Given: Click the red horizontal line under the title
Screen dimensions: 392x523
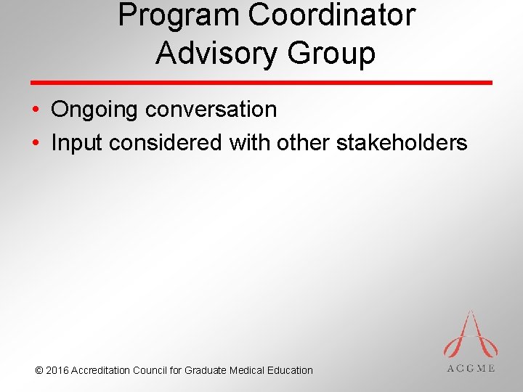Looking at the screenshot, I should pyautogui.click(x=261, y=83).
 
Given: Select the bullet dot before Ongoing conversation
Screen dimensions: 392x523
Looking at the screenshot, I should pyautogui.click(x=36, y=110).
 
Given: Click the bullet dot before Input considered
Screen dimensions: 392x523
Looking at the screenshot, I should pyautogui.click(x=36, y=143).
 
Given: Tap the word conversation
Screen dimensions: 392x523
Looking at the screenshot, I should pyautogui.click(x=211, y=110).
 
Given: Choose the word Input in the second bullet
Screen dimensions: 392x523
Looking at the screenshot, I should pyautogui.click(x=77, y=143).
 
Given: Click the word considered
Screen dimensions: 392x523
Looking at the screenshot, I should pyautogui.click(x=166, y=142).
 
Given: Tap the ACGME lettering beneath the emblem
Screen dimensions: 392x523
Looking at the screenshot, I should pyautogui.click(x=470, y=368).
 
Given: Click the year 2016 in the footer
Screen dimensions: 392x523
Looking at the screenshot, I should pyautogui.click(x=57, y=370).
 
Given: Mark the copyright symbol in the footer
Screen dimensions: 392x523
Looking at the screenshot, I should pyautogui.click(x=38, y=370).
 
